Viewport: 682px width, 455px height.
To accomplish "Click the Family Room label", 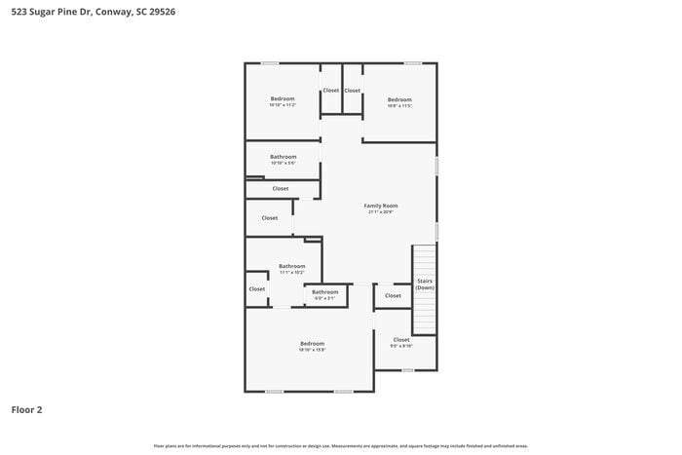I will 381,206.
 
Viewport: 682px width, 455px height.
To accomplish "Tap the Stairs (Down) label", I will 425,284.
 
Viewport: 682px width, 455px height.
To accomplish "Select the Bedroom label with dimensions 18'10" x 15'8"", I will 312,343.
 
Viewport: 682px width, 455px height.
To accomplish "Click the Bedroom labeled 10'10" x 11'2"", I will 283,98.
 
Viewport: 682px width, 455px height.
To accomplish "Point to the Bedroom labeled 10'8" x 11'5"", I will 399,99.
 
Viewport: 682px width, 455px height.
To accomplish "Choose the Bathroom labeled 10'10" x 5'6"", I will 283,157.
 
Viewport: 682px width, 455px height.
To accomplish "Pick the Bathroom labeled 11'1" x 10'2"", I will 292,266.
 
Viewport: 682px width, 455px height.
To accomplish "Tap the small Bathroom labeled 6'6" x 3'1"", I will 324,292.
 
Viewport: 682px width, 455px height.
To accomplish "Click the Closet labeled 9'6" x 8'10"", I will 401,340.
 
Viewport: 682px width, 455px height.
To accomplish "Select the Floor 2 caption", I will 26,410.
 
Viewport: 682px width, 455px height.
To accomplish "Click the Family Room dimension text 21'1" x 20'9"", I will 381,212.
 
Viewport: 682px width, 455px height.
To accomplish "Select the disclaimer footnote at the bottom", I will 340,445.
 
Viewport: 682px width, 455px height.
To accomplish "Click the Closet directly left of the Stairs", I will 393,295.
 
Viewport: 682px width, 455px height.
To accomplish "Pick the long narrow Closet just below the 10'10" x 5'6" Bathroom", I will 281,188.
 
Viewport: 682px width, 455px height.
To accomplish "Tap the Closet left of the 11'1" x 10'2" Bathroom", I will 257,288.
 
